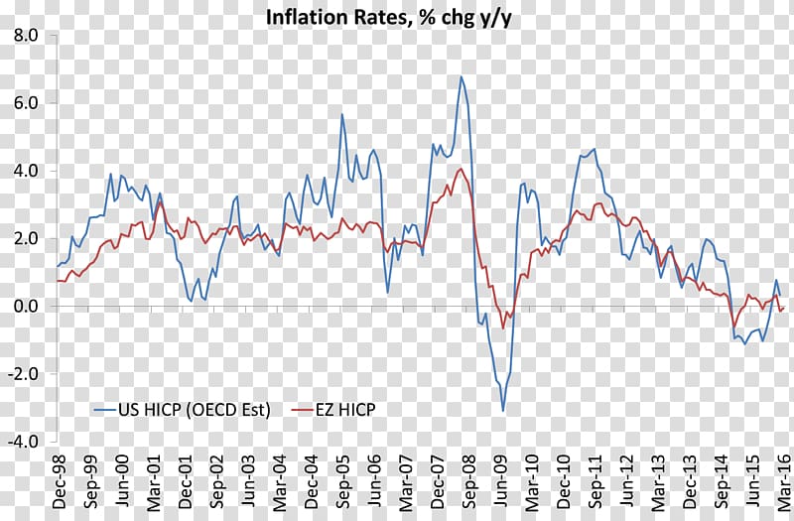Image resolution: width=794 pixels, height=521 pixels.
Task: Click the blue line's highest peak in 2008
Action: (461, 76)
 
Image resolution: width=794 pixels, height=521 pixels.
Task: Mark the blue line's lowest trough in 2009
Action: (503, 410)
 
